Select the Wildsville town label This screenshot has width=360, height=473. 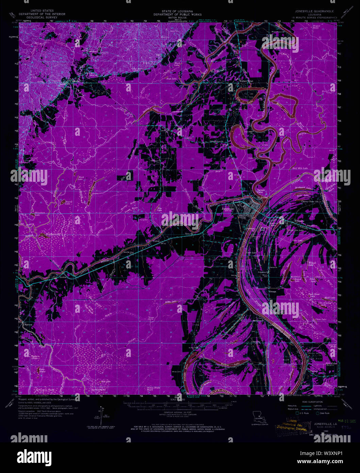299,221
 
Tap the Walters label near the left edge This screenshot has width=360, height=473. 28,325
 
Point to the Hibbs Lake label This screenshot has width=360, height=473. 172,301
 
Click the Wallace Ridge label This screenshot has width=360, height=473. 246,81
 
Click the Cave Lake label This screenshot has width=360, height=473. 251,253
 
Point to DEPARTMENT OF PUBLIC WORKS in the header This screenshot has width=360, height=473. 177,14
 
